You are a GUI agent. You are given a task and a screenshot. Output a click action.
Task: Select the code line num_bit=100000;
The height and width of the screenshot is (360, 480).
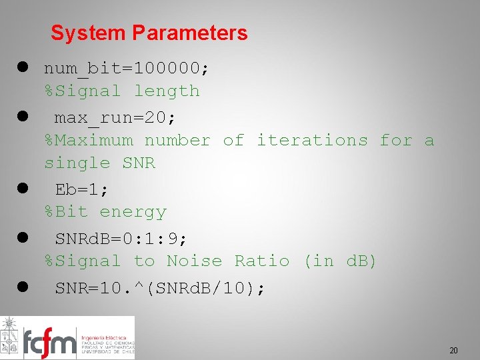click(x=127, y=68)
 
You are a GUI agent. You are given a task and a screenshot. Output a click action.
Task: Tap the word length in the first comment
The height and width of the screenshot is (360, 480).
click(x=167, y=91)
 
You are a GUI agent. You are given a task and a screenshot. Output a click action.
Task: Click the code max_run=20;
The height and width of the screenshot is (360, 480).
click(x=115, y=118)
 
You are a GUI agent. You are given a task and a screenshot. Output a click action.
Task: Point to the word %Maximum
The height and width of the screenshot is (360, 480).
click(x=89, y=140)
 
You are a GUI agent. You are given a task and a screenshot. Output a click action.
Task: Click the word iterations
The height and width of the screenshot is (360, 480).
click(x=312, y=140)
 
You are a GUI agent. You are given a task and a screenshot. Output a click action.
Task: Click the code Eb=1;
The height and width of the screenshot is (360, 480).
click(x=81, y=189)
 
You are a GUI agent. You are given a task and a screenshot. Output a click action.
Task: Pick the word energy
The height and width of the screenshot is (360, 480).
click(x=133, y=212)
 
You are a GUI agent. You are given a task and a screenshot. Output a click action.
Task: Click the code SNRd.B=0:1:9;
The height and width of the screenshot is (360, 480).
click(x=121, y=239)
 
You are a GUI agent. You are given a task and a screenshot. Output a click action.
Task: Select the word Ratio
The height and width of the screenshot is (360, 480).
click(x=262, y=261)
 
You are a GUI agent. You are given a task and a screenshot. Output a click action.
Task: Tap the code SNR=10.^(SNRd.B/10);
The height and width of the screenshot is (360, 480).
click(x=160, y=289)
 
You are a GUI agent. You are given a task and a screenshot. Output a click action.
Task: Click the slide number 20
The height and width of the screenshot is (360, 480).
click(x=453, y=350)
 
